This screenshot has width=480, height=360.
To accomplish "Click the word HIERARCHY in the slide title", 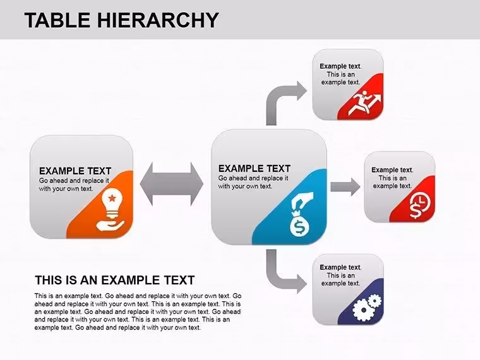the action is [x=158, y=20].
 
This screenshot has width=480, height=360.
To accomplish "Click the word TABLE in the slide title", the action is [x=57, y=20].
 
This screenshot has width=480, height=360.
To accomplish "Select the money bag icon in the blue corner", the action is [x=301, y=214].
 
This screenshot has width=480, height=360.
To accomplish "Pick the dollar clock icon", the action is [x=420, y=207].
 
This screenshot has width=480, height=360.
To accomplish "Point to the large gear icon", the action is [x=363, y=310].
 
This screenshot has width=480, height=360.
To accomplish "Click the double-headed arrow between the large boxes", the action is [x=171, y=184].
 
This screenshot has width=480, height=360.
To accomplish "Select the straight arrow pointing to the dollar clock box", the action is [x=345, y=187].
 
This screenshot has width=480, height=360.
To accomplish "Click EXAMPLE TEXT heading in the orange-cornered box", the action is [x=75, y=171].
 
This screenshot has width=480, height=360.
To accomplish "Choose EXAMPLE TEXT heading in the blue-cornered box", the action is [x=254, y=169].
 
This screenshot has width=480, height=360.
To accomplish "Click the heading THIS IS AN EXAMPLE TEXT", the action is [x=115, y=280].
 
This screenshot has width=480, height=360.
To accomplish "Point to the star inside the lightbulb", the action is [x=112, y=198].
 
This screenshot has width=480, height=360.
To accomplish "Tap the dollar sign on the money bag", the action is [x=299, y=227].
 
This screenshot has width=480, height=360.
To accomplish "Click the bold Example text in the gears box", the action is [x=340, y=267].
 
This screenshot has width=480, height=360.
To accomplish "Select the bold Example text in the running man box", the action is [x=340, y=66].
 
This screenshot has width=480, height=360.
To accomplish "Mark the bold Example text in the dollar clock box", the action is [x=392, y=170].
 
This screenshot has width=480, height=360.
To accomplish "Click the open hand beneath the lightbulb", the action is [x=110, y=225].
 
